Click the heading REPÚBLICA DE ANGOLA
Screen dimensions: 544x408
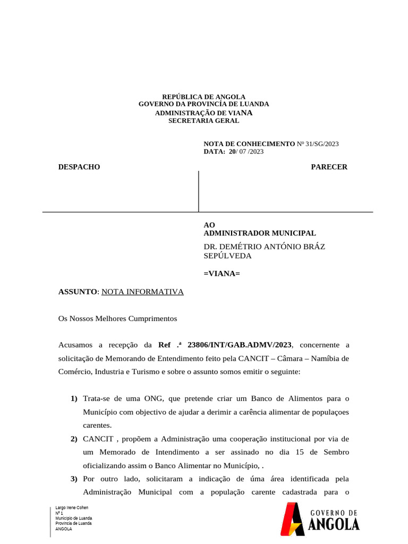click(203, 97)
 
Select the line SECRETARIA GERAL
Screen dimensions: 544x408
click(203, 121)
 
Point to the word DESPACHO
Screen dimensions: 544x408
click(79, 167)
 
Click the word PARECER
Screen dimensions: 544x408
click(329, 167)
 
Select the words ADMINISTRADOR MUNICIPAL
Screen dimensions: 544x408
click(260, 233)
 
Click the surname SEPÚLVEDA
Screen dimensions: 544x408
click(227, 256)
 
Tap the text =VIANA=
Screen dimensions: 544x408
click(222, 273)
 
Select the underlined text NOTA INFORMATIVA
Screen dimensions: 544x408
click(142, 292)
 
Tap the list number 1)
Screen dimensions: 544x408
click(74, 398)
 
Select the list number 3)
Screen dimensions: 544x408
click(74, 479)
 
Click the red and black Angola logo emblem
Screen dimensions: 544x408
click(292, 519)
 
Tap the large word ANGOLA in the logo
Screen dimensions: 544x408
click(334, 524)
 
